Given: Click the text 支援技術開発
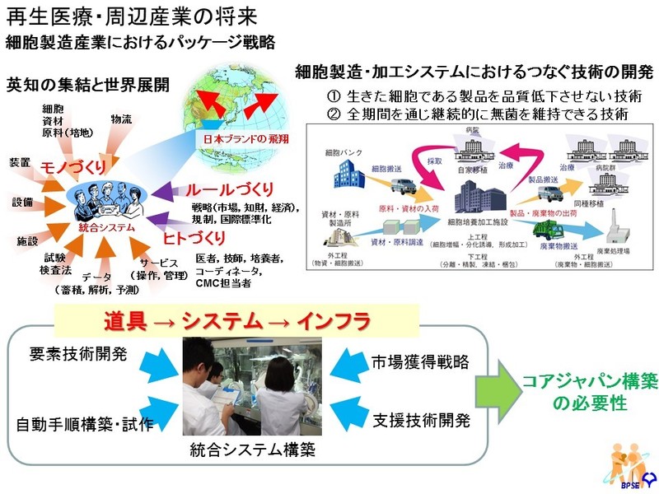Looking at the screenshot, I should (420, 421).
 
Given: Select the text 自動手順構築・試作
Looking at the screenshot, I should (85, 425).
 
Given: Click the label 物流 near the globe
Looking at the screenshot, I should (121, 119).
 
